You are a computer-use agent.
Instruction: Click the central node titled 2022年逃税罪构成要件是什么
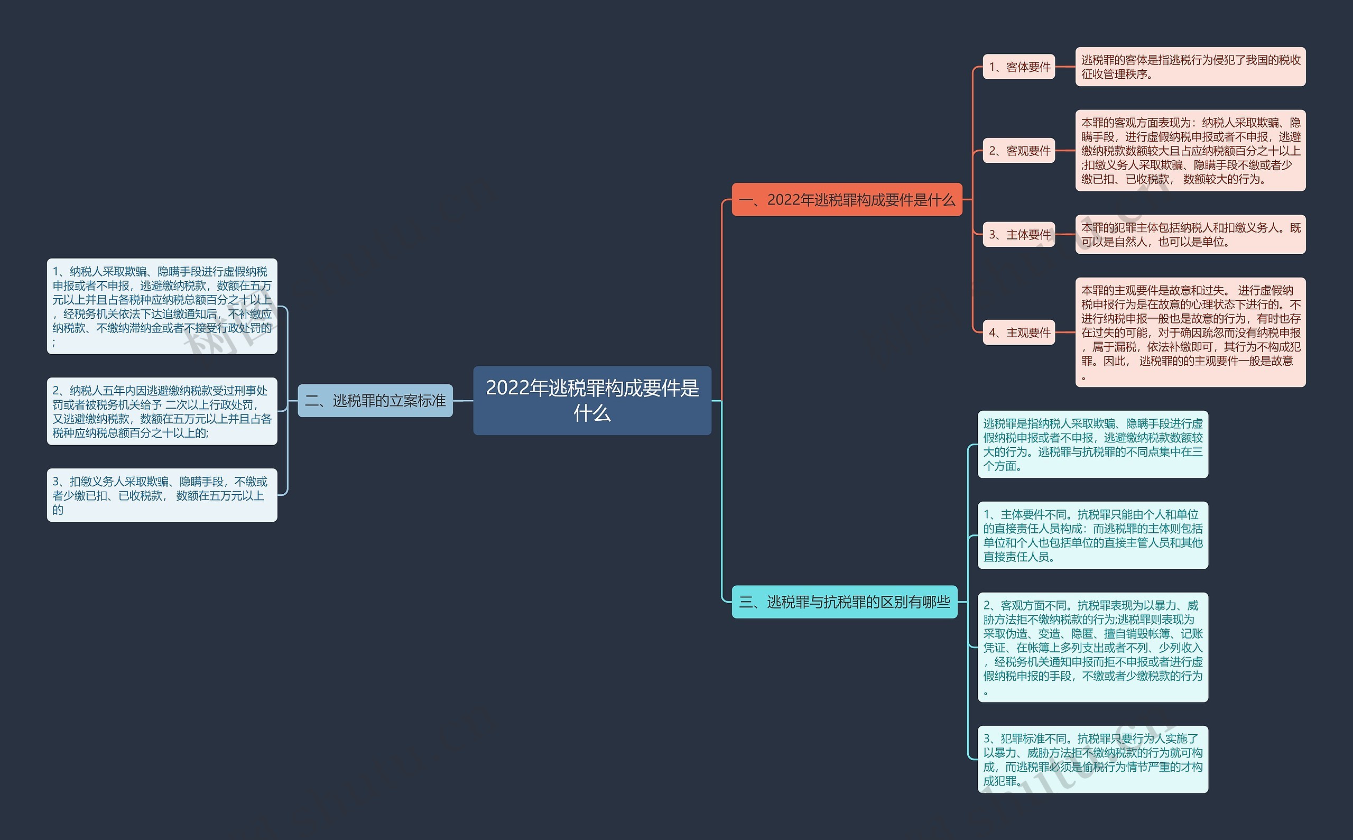coord(592,400)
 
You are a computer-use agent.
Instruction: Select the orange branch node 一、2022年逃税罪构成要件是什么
coord(847,199)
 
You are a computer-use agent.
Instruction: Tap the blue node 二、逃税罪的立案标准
coord(375,401)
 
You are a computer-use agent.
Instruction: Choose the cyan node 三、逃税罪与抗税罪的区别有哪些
coord(845,602)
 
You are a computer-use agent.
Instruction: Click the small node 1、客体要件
coord(1019,67)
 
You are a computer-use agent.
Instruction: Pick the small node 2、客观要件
coord(1019,151)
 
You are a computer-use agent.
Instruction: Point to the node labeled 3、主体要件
coord(1019,234)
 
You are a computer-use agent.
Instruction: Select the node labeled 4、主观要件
coord(1019,332)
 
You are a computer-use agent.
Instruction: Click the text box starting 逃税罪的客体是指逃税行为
coord(1190,67)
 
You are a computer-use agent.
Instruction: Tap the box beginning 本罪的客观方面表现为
coord(1190,151)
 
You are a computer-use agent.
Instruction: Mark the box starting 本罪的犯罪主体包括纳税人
coord(1190,234)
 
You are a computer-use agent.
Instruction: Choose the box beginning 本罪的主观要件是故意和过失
coord(1190,332)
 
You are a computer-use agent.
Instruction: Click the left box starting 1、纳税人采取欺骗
coord(162,306)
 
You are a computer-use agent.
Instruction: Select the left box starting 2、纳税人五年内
coord(162,411)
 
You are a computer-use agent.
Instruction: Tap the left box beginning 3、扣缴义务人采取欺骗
coord(162,495)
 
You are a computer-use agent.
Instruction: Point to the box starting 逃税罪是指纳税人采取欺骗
coord(1093,445)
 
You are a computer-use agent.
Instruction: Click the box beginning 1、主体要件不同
coord(1093,535)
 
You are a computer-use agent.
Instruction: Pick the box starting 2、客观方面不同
coord(1093,647)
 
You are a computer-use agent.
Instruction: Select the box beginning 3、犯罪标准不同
coord(1093,759)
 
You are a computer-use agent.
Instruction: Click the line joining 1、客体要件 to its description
coord(1065,67)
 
